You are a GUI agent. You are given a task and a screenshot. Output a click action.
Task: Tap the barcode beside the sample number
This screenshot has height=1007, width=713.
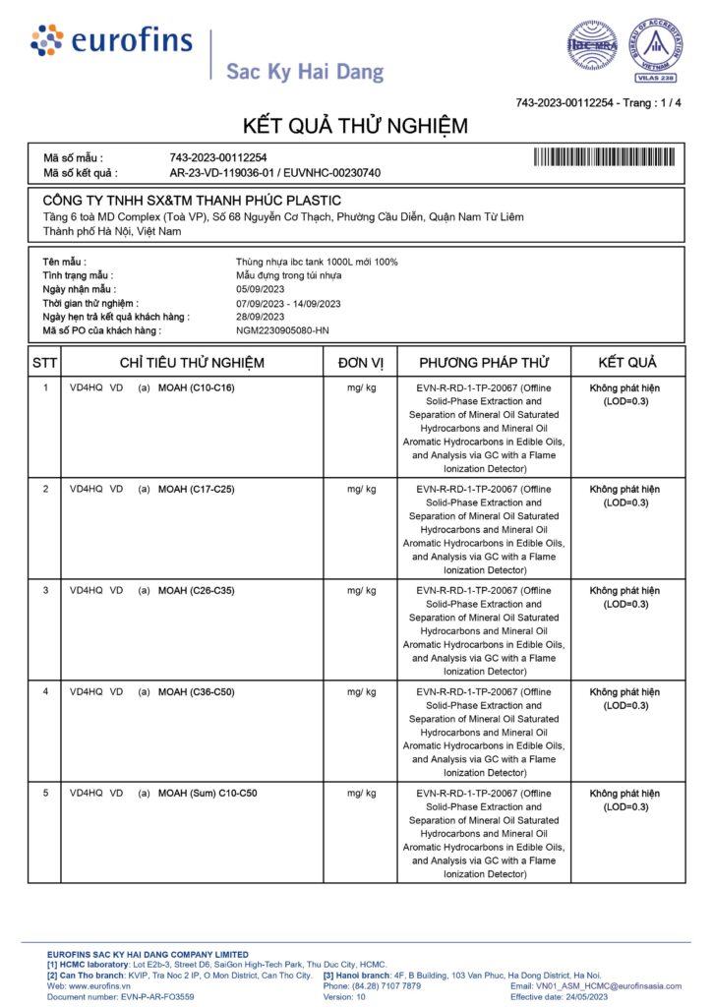coord(606,156)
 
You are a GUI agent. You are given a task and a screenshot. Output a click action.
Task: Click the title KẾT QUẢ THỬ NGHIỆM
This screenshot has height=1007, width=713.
coord(356,126)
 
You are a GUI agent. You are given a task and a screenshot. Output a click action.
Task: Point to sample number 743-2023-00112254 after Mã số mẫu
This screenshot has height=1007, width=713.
coord(218,157)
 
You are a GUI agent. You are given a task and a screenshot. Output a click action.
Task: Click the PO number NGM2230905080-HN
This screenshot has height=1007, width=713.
coord(282,330)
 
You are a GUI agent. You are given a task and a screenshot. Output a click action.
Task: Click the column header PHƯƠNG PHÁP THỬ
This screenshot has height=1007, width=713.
coord(484,363)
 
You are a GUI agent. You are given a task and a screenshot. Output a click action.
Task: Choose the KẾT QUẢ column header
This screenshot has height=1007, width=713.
coord(626,363)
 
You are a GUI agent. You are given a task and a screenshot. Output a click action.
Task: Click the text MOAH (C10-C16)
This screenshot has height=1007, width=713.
coord(197,387)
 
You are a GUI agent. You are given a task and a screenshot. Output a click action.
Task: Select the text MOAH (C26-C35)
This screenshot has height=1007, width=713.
coord(197,590)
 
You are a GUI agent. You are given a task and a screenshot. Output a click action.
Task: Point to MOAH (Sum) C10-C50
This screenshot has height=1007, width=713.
coord(208,793)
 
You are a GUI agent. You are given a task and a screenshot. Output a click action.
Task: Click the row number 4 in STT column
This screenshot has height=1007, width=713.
coord(45,691)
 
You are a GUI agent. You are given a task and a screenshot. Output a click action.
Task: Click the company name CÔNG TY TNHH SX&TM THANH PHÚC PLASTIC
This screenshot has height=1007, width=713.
coord(192,201)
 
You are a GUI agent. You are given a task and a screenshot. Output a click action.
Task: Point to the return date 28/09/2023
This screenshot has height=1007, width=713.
coord(260,317)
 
